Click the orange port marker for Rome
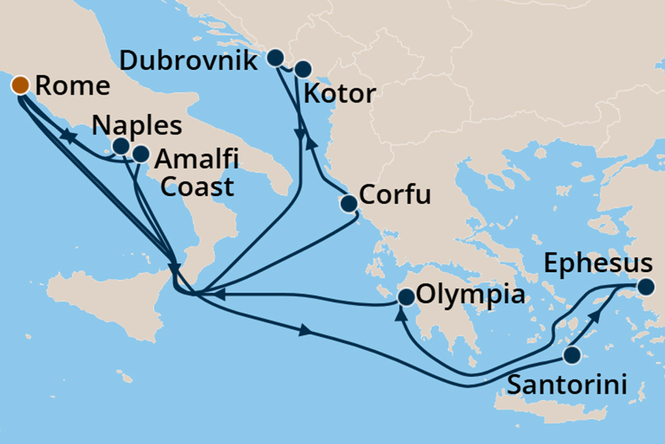pos(19,84)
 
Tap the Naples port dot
pos(121,146)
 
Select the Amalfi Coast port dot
pos(140,153)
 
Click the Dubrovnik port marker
pos(275,57)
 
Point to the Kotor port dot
pos(301,68)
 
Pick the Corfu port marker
pos(349,204)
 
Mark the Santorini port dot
pos(571,356)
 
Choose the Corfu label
pos(397,194)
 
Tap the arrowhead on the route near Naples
pos(68,137)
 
